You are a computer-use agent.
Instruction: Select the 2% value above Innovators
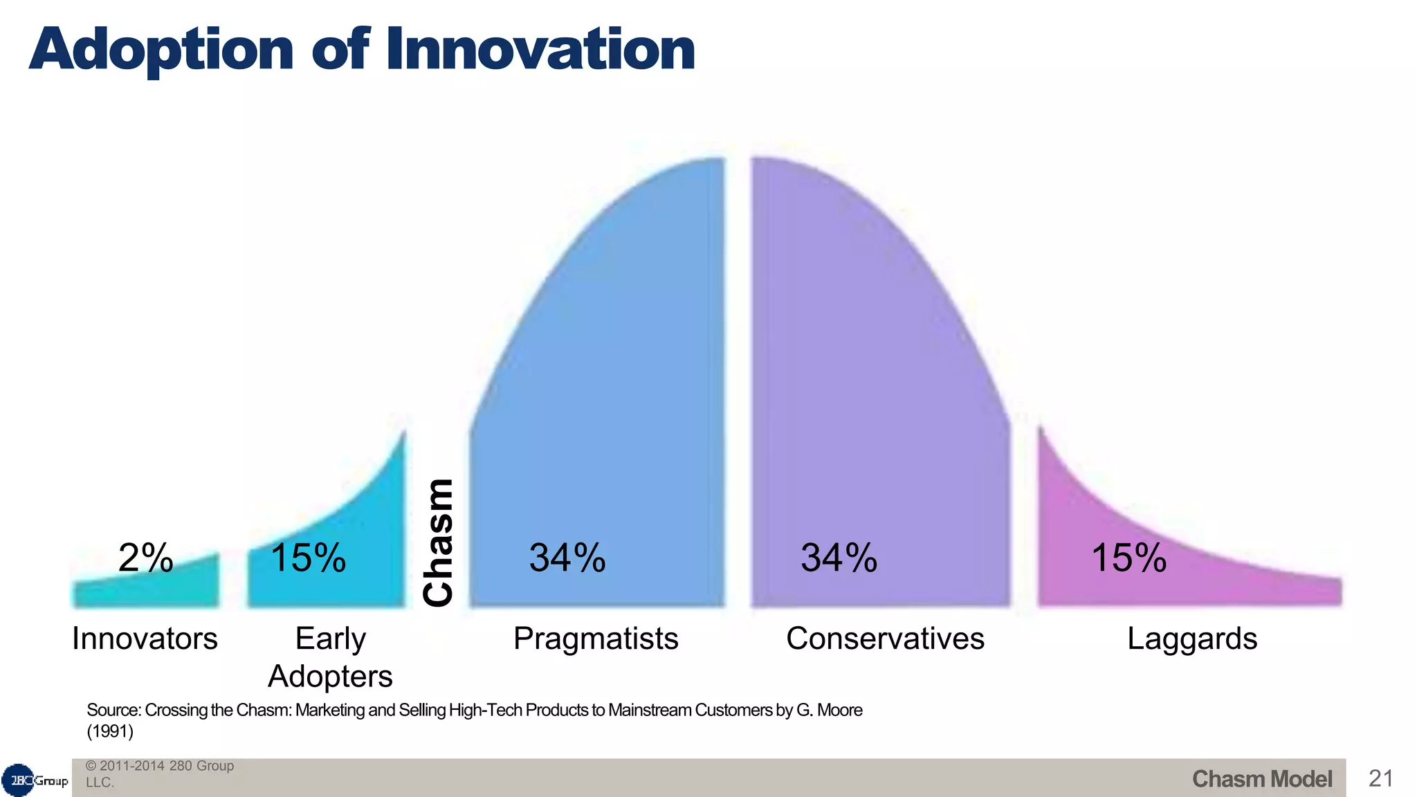(145, 558)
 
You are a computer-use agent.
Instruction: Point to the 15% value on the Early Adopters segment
(308, 558)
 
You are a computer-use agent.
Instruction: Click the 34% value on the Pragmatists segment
(567, 558)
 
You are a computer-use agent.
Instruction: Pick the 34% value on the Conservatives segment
(839, 558)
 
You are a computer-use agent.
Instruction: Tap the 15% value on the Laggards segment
(1128, 558)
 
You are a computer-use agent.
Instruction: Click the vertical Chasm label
(439, 542)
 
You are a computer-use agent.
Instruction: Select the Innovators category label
(145, 639)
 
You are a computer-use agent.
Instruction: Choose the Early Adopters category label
(330, 657)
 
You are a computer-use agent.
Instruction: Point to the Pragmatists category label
(596, 639)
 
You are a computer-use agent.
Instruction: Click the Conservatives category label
(885, 639)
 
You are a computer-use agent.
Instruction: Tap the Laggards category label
(1192, 639)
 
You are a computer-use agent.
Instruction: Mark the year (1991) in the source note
(110, 731)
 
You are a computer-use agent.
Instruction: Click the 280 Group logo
(35, 780)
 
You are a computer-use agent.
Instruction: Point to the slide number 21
(1380, 779)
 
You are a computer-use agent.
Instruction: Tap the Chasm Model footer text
(1261, 779)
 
